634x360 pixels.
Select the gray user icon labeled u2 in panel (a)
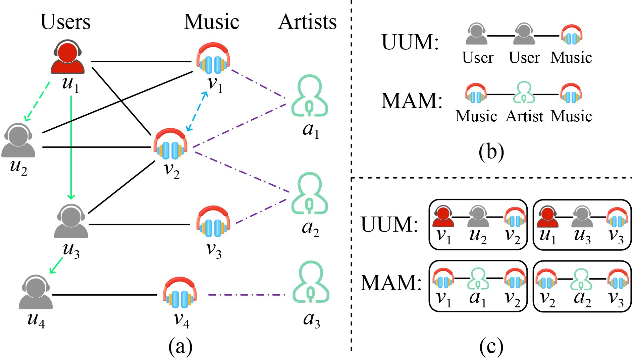click(x=18, y=140)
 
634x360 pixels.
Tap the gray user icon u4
click(x=36, y=292)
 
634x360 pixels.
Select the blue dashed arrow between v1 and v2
click(x=197, y=111)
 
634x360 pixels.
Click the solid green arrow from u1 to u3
click(x=71, y=147)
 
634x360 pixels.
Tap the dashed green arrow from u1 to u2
click(x=37, y=101)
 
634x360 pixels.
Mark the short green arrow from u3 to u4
click(x=56, y=265)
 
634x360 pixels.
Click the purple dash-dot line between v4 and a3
click(x=247, y=295)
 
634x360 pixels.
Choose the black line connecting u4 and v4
click(x=105, y=295)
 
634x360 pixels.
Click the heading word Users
click(x=65, y=22)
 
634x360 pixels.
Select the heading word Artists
click(x=307, y=22)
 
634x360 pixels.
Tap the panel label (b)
click(x=491, y=152)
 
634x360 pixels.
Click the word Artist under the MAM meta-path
click(x=524, y=116)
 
